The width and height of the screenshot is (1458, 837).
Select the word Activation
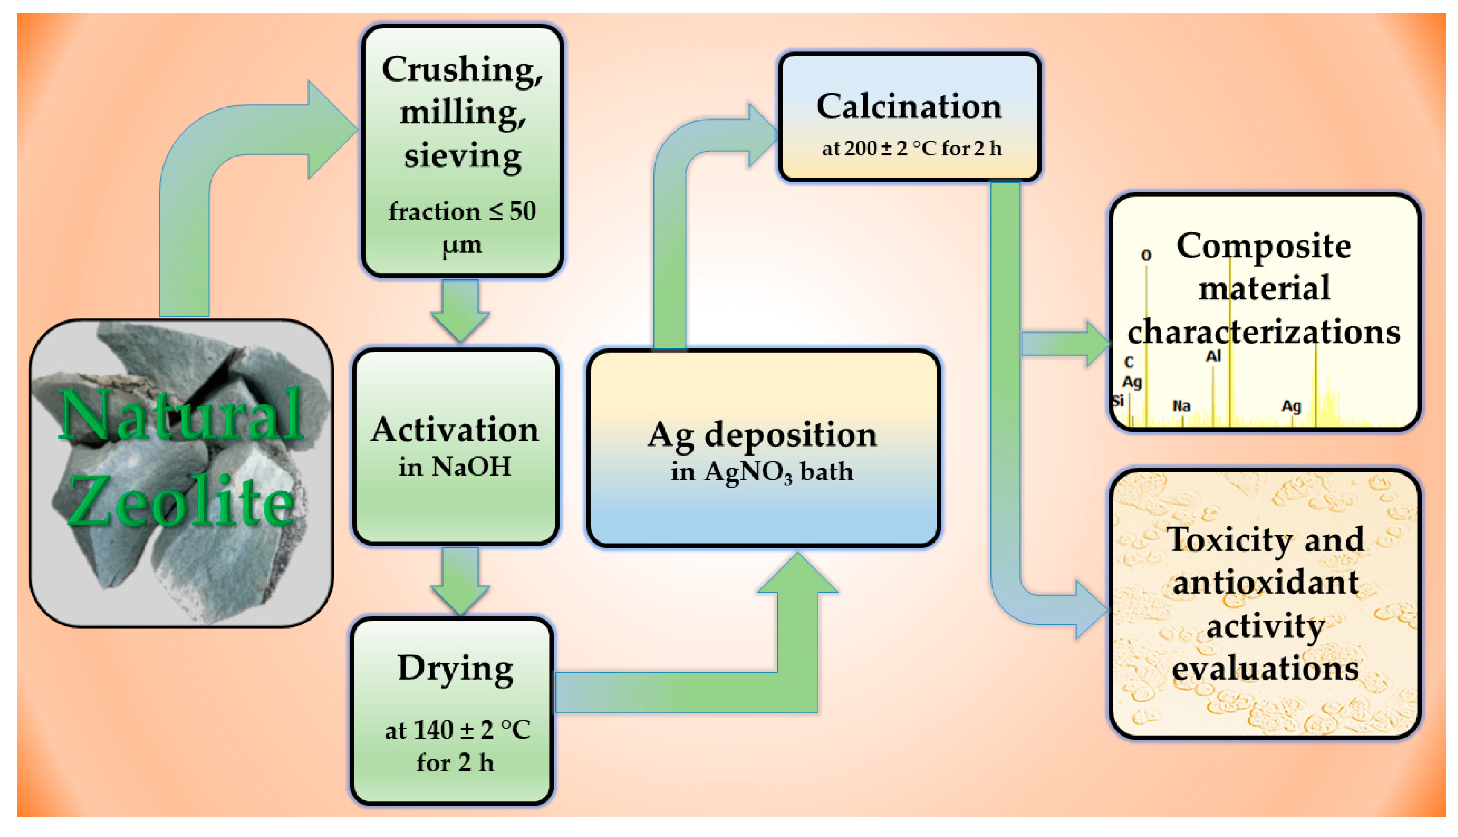455,430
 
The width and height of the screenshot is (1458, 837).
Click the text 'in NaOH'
455,467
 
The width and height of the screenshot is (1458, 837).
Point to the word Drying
455,668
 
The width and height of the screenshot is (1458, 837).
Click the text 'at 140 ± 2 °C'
457,730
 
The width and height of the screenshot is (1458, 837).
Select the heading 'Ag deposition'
762,435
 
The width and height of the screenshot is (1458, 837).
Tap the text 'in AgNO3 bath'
762,472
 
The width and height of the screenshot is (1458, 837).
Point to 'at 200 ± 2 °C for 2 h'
911,148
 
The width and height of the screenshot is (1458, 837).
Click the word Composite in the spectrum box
1263,246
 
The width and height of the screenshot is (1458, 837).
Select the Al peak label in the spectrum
1213,356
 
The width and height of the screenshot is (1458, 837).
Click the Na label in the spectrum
1181,406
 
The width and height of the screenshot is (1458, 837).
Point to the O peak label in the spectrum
1146,255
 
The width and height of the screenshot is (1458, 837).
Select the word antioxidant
1265,582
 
